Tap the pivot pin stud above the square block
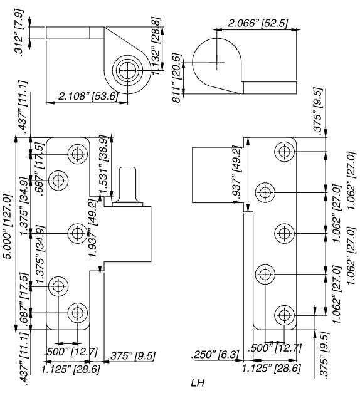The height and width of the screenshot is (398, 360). point(128,182)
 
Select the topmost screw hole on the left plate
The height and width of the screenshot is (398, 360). point(78,153)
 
